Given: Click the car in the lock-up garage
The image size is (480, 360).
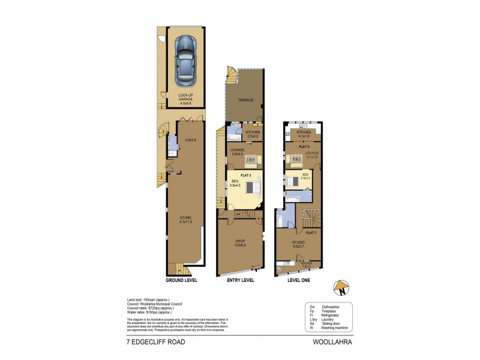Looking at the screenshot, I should point(187,60).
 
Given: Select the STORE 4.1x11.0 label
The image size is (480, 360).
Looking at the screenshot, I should point(184,220).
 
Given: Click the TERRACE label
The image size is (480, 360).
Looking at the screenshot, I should point(245,101).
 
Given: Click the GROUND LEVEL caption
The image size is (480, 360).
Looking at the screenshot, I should point(181,280).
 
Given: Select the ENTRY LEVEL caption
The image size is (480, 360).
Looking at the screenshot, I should point(241,280).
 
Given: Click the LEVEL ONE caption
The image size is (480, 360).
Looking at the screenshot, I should point(302,280).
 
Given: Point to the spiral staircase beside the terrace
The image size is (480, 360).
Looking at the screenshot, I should point(231,75).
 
